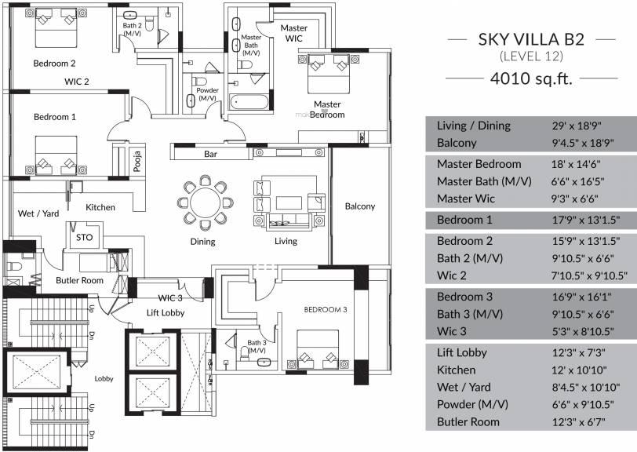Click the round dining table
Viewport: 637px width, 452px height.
point(206,202)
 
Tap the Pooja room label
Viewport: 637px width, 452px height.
point(138,161)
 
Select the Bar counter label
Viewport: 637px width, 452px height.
point(210,154)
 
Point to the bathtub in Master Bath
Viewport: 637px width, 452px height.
point(249,101)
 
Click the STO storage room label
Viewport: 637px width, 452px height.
point(85,238)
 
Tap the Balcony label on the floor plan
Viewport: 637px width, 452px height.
point(359,206)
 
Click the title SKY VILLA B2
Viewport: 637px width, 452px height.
point(531,39)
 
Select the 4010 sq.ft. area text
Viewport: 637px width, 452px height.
point(531,78)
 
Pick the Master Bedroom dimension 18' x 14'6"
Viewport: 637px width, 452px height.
point(576,164)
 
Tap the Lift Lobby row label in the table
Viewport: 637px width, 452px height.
point(461,352)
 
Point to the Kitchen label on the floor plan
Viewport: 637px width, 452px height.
point(100,207)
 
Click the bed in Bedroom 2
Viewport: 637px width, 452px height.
point(56,27)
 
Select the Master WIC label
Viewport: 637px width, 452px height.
point(293,33)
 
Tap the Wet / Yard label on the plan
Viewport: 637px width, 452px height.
point(38,213)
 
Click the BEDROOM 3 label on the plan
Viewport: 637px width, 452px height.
point(326,310)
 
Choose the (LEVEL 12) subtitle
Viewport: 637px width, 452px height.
point(531,56)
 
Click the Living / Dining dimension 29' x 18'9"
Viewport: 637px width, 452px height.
point(577,126)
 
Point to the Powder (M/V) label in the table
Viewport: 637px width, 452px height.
point(472,405)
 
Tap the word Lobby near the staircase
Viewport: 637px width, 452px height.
point(104,379)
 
